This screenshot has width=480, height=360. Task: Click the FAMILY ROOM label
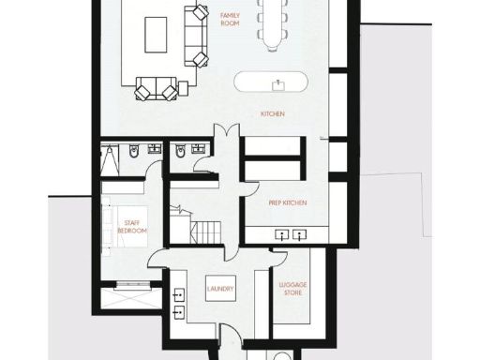click(x=230, y=18)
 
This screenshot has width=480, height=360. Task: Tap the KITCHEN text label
click(x=273, y=114)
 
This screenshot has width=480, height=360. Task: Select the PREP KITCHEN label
click(x=287, y=203)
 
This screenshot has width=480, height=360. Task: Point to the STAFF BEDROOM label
click(x=133, y=227)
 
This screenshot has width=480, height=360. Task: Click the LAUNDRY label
click(x=220, y=289)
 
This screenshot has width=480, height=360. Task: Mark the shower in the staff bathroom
click(x=110, y=157)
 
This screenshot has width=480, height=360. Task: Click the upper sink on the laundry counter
click(x=178, y=288)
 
